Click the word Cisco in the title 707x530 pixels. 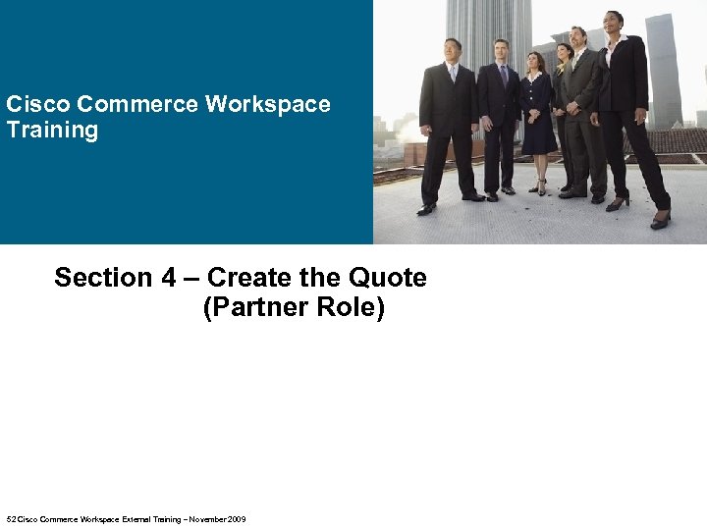(38, 105)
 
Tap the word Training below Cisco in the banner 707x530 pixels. (52, 131)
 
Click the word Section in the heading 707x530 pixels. (103, 278)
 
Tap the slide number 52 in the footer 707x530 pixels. (11, 519)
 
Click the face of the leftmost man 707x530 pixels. (452, 49)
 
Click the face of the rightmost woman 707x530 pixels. (615, 22)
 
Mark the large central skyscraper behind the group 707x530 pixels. (488, 25)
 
